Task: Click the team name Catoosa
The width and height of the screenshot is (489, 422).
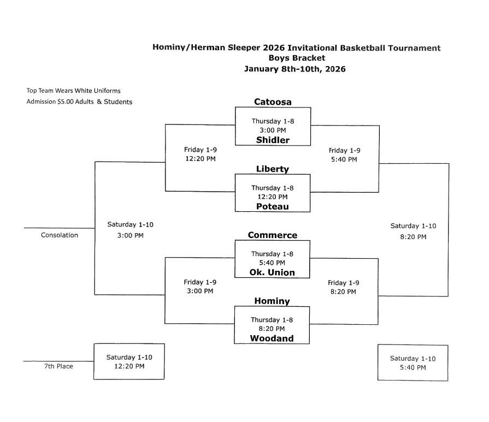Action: point(273,102)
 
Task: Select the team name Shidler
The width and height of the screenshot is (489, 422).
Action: point(273,140)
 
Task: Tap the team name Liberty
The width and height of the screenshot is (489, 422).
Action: point(272,169)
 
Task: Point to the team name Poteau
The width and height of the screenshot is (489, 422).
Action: point(272,206)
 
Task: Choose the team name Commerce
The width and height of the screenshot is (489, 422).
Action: point(272,235)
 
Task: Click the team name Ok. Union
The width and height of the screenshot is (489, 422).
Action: point(272,272)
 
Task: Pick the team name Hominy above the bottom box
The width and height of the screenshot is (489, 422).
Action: point(272,301)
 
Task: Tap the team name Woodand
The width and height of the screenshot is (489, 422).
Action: point(272,338)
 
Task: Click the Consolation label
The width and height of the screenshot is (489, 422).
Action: point(59,235)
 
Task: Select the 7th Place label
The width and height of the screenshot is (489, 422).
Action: point(58,366)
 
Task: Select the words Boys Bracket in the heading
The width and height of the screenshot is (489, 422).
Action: point(297,58)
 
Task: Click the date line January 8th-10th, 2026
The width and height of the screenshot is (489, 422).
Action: point(294,69)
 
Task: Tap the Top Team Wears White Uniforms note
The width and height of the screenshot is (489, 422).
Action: point(73,91)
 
